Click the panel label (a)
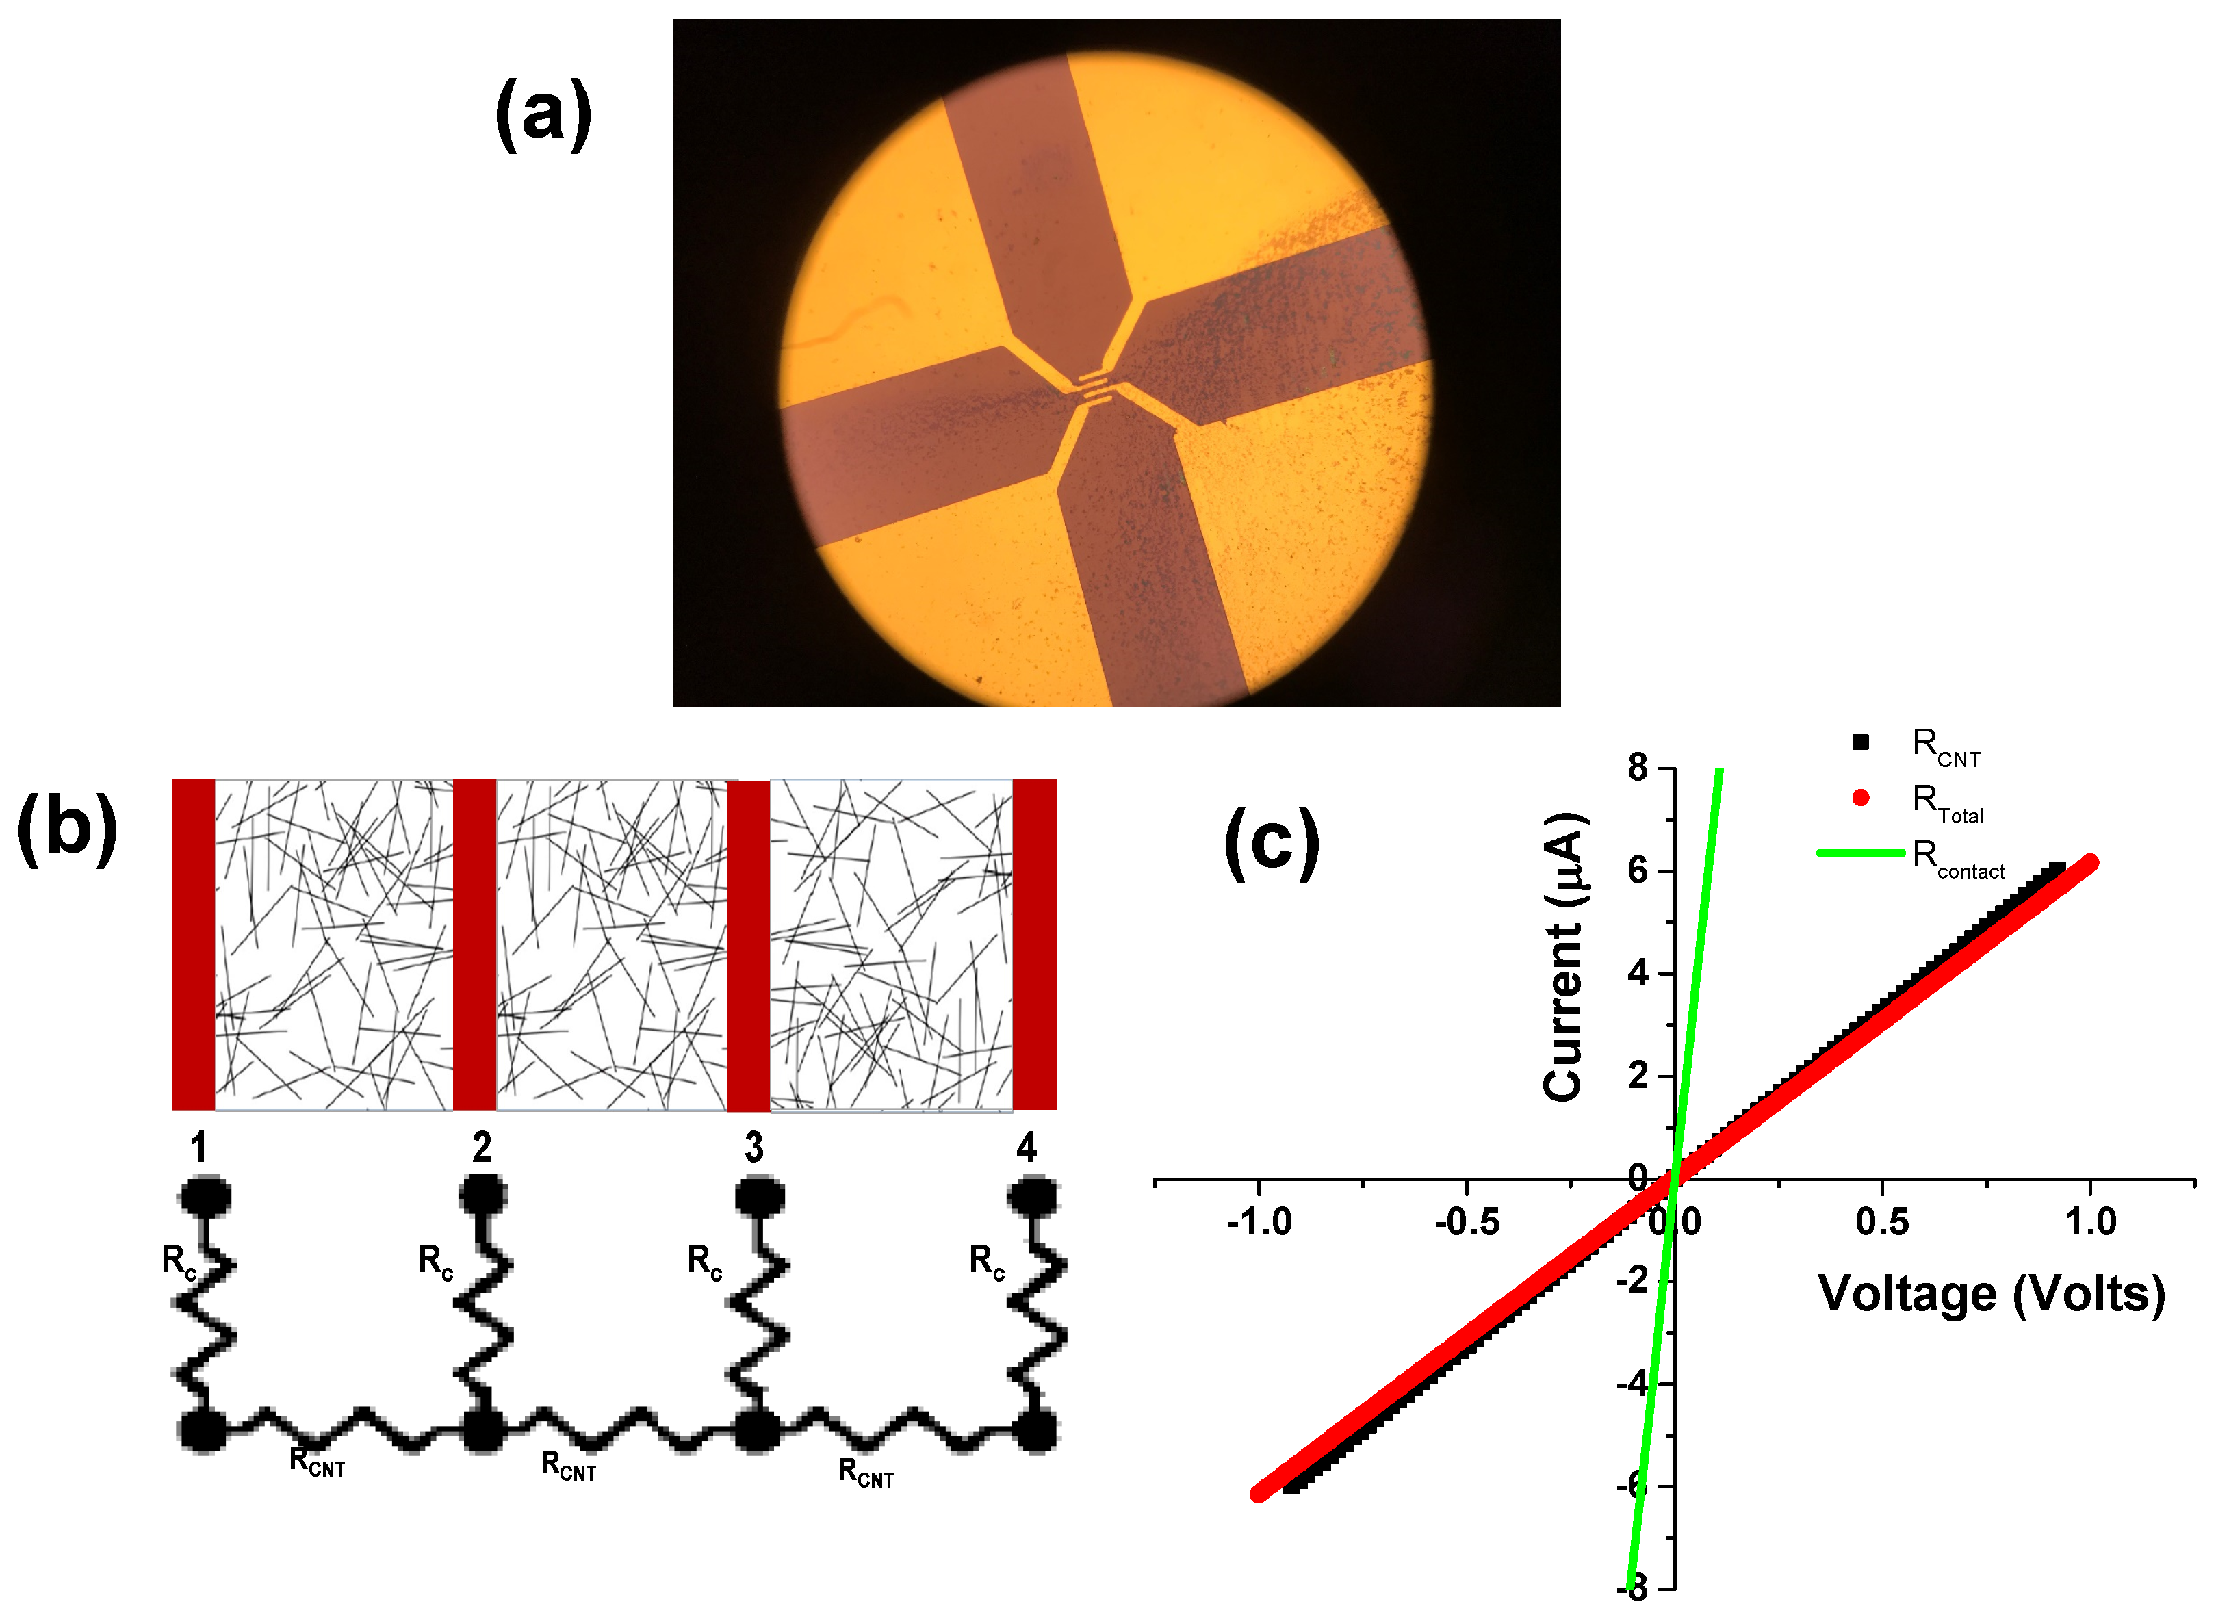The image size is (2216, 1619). [x=543, y=115]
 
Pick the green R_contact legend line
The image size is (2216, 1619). [x=1859, y=853]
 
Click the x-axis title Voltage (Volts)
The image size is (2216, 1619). [x=1991, y=1294]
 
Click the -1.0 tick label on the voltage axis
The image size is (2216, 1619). [x=1259, y=1222]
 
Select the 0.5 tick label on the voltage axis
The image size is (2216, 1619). [x=1882, y=1222]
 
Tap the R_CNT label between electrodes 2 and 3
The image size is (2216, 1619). [x=569, y=1467]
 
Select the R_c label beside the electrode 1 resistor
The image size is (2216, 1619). [x=179, y=1261]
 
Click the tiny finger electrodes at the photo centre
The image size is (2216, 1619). [x=1096, y=389]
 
